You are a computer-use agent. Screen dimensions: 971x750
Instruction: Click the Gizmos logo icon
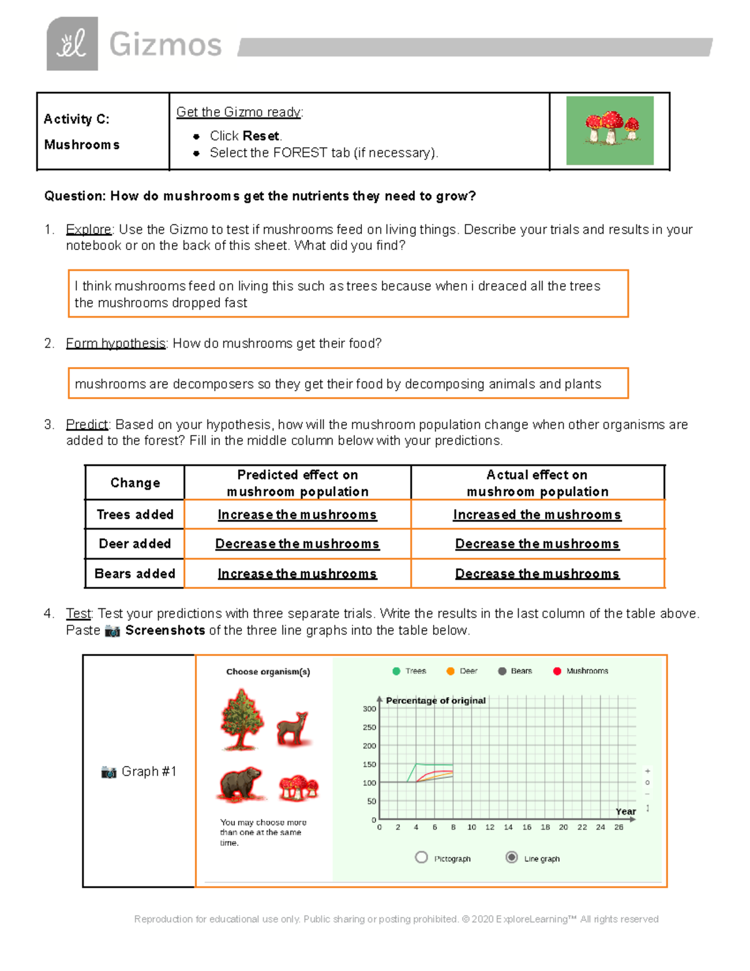pyautogui.click(x=72, y=44)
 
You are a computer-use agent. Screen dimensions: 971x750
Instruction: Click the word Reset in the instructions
pyautogui.click(x=261, y=136)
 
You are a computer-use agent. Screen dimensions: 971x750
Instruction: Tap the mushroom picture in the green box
pyautogui.click(x=610, y=130)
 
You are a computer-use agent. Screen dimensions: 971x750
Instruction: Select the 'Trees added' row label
pyautogui.click(x=135, y=515)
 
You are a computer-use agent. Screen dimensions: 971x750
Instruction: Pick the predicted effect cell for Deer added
pyautogui.click(x=297, y=544)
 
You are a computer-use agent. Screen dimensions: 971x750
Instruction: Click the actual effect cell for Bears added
pyautogui.click(x=537, y=573)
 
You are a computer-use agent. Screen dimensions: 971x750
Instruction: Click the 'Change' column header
pyautogui.click(x=135, y=483)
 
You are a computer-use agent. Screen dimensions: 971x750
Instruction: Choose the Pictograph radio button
pyautogui.click(x=421, y=857)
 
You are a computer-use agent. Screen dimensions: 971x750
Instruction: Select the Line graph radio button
pyautogui.click(x=512, y=857)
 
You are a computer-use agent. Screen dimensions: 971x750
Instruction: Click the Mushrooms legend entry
pyautogui.click(x=581, y=671)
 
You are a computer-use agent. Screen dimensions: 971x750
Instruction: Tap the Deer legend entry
pyautogui.click(x=462, y=671)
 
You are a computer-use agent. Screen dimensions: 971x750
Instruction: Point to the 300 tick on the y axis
pyautogui.click(x=369, y=708)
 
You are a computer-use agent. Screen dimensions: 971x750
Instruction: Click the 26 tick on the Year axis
pyautogui.click(x=619, y=827)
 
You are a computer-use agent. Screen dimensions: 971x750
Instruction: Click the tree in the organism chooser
pyautogui.click(x=241, y=720)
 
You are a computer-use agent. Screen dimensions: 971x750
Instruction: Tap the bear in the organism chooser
pyautogui.click(x=241, y=784)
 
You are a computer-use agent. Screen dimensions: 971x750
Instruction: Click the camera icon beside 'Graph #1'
pyautogui.click(x=109, y=772)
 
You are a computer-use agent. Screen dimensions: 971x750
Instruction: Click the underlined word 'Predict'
pyautogui.click(x=87, y=425)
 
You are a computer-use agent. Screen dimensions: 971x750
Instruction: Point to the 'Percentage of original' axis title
pyautogui.click(x=436, y=700)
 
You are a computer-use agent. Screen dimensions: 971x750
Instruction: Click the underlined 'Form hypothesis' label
pyautogui.click(x=116, y=343)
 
